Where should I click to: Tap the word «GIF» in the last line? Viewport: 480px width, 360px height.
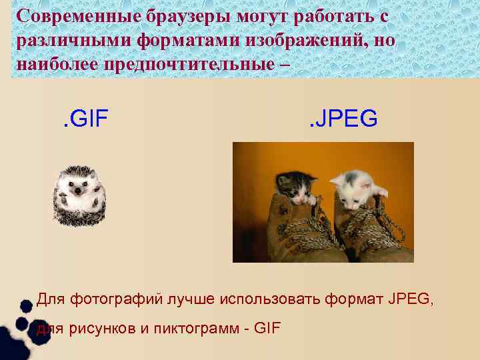267,329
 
